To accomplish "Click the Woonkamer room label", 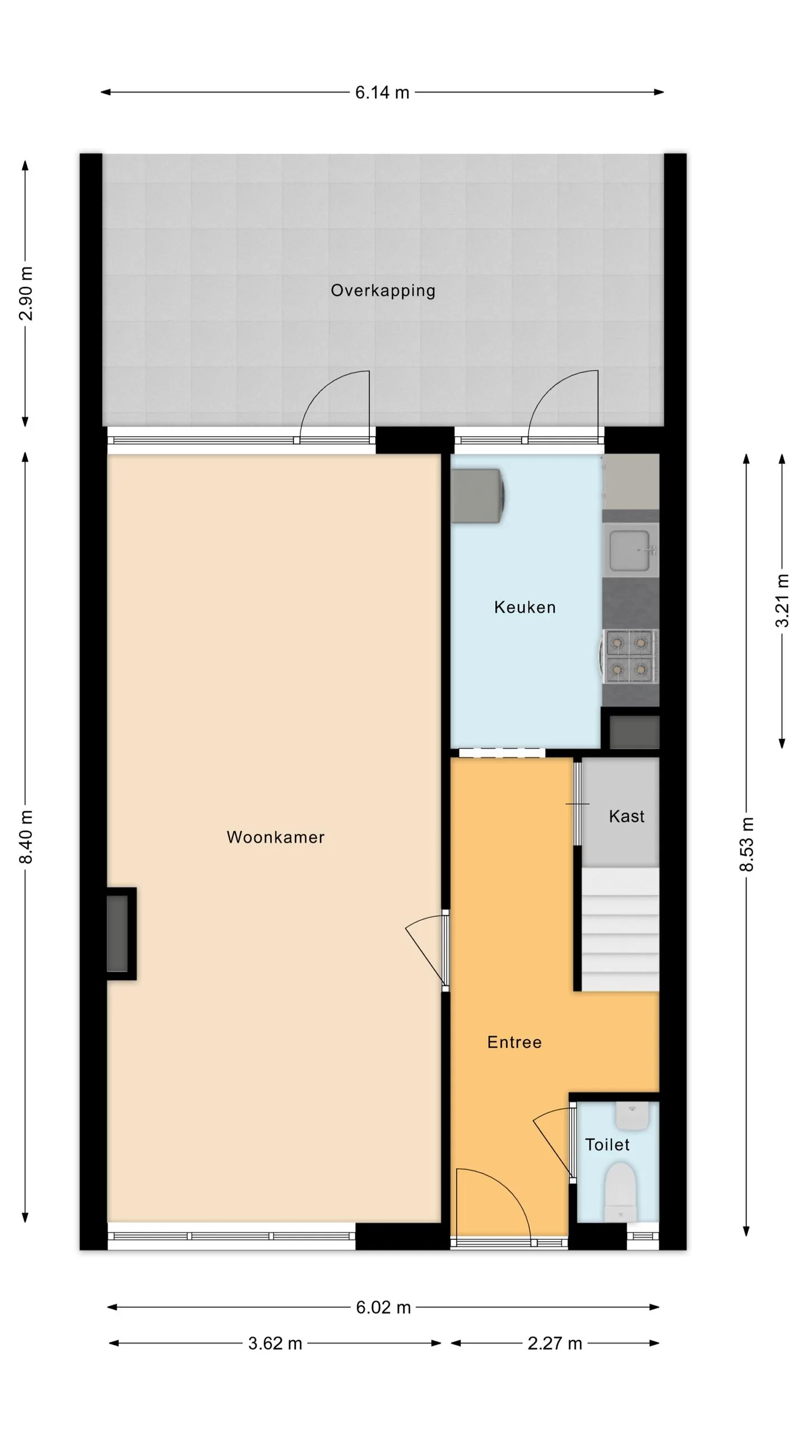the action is [275, 837].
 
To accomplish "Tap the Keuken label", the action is [525, 607].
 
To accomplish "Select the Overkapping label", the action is [383, 291].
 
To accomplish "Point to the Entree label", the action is [514, 1042].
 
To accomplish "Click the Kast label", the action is [627, 816].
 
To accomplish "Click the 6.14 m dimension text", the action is [382, 92].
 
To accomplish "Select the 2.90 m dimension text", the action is [26, 293].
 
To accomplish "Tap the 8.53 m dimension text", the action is [746, 844].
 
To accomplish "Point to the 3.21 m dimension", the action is [782, 600].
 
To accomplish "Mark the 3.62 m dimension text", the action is [275, 1344].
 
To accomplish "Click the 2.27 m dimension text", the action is [555, 1344].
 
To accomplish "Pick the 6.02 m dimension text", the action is [383, 1308].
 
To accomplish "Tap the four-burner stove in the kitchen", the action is [629, 656].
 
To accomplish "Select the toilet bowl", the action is [620, 1191].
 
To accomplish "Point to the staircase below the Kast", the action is [620, 929].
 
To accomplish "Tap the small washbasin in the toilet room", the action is [632, 1116].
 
